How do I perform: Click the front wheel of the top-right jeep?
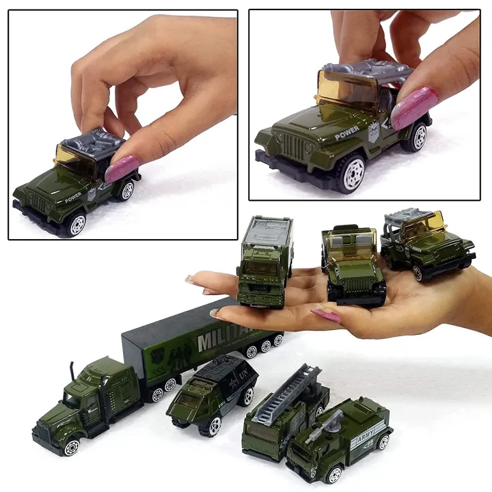click(x=351, y=172)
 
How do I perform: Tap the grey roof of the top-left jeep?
click(x=92, y=141)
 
